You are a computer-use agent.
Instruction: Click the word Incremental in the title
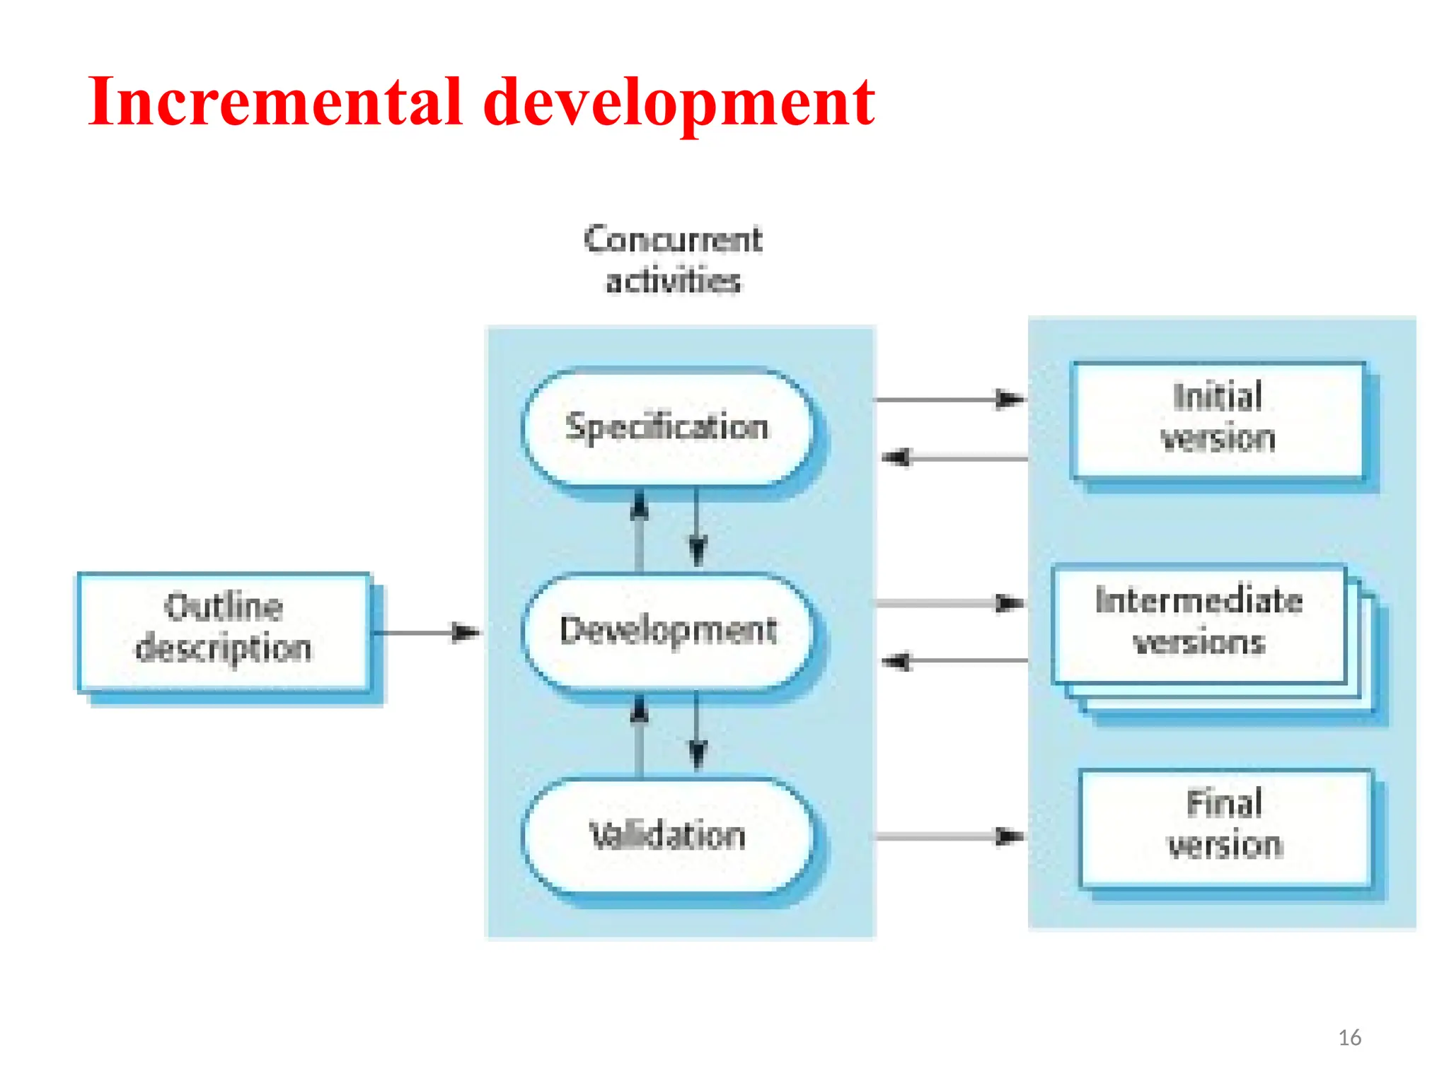275,103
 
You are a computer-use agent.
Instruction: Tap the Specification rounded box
666,427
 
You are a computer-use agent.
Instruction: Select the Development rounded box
667,631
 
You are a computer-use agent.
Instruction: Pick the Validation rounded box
667,835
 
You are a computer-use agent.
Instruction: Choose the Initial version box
1218,419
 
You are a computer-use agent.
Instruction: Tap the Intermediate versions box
1199,622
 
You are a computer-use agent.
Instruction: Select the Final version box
1225,825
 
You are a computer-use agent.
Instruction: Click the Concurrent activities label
673,259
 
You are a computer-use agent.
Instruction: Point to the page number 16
1349,1037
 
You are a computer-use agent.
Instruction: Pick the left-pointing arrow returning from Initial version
955,458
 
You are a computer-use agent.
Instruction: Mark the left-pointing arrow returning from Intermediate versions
955,662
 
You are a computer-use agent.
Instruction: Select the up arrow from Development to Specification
640,530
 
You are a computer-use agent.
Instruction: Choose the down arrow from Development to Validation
698,732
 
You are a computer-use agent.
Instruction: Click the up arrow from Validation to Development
640,735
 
